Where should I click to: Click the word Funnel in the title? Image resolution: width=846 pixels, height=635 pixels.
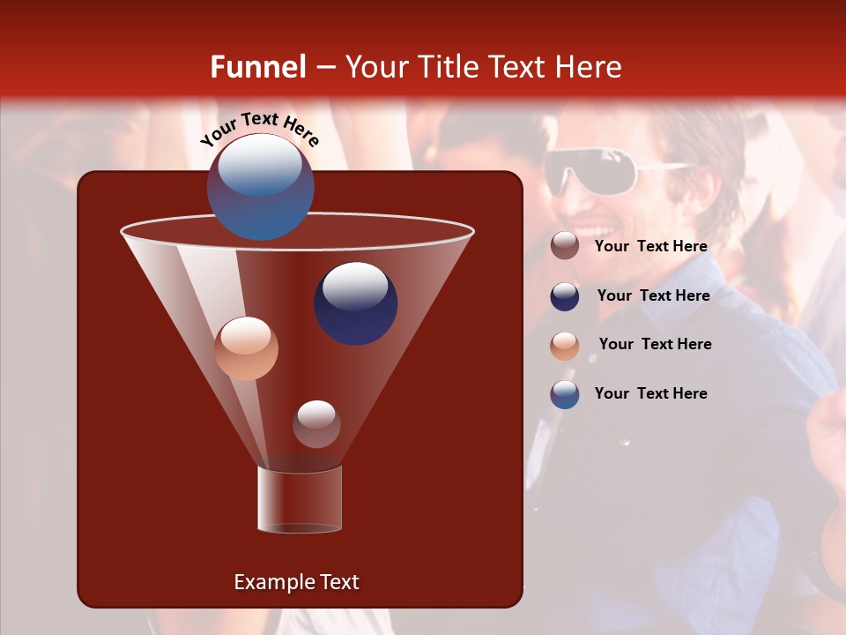click(257, 67)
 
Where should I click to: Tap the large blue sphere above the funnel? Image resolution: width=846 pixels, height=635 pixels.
click(260, 187)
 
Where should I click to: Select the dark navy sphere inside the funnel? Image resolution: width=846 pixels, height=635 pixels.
click(355, 303)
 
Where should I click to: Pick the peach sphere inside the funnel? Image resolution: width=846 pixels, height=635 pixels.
click(246, 348)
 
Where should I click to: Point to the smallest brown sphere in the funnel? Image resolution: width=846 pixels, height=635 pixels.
click(316, 424)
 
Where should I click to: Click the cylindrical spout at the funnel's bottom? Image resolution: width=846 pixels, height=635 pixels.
click(300, 499)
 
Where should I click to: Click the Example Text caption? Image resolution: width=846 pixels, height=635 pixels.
click(296, 582)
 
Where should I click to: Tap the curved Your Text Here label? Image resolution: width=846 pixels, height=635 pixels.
click(259, 130)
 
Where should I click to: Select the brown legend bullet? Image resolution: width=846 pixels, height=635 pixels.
click(565, 246)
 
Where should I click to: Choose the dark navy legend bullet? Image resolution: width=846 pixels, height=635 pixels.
click(565, 296)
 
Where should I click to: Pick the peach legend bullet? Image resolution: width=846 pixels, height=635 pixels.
click(565, 346)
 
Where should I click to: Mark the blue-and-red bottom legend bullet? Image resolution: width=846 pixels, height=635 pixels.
click(565, 394)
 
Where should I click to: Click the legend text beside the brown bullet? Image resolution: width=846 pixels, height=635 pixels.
click(650, 247)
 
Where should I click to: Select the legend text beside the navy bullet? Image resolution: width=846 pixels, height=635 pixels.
click(653, 296)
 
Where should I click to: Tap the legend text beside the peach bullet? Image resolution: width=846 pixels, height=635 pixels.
click(655, 345)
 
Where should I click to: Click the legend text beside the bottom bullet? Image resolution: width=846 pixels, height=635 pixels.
click(650, 393)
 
